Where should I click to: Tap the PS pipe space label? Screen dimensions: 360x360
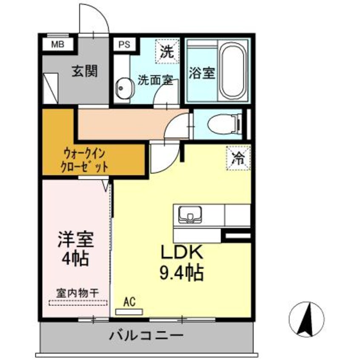[124, 44]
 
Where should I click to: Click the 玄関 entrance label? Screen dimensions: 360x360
[84, 71]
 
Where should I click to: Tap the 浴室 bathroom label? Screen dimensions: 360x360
[202, 73]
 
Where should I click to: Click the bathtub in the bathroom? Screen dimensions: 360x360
[233, 70]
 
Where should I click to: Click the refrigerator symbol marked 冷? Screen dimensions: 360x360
[238, 159]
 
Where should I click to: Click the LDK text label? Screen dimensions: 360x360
[182, 253]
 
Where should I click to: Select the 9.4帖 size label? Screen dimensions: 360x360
[181, 271]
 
